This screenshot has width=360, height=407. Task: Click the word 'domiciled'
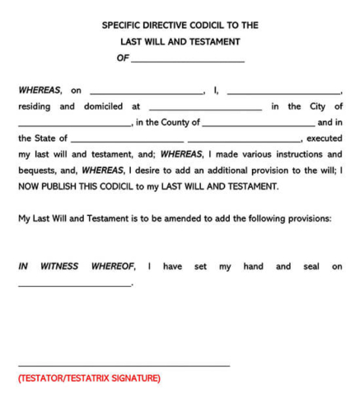tap(102, 106)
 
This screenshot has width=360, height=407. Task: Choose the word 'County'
tap(185, 123)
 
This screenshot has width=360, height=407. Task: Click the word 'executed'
tap(324, 138)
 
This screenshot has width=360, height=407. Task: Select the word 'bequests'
tap(38, 171)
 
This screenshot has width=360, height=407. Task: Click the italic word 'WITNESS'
tap(59, 266)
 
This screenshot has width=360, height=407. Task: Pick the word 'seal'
tap(311, 266)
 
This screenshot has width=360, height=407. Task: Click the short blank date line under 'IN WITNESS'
tap(74, 285)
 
